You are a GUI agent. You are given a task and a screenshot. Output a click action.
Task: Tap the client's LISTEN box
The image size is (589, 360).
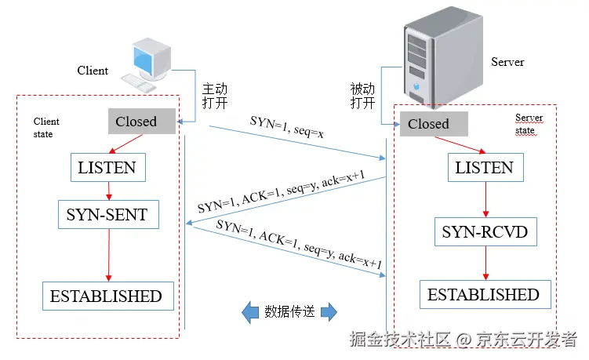[107, 167]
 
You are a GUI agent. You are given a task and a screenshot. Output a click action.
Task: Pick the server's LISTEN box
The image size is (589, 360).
[484, 167]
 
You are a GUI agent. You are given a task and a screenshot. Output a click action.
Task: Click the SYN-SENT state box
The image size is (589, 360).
[107, 213]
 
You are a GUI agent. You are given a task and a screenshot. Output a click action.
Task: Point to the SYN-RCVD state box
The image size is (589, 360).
[485, 231]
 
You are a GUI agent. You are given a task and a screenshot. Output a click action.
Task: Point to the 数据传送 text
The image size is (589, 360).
[289, 312]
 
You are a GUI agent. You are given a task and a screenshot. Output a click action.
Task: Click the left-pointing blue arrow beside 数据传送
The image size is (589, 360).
[250, 312]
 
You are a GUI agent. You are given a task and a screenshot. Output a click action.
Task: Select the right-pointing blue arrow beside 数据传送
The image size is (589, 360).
[329, 312]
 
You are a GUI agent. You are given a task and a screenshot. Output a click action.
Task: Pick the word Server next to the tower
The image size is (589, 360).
[507, 62]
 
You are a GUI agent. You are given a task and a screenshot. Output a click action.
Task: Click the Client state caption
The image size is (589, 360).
[46, 128]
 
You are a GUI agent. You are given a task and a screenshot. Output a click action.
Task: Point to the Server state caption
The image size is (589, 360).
[529, 124]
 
